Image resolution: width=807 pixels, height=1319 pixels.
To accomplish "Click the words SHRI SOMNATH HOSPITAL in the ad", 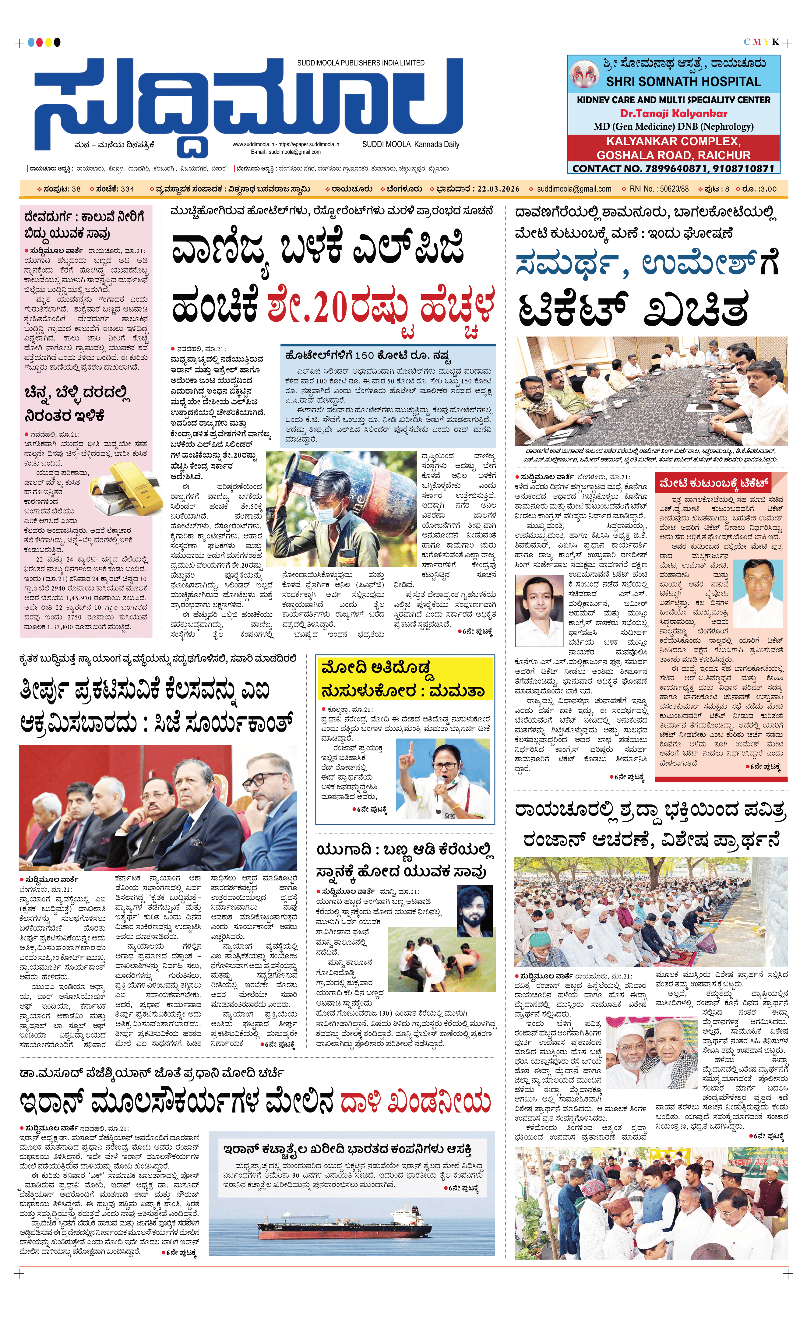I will point(683,82).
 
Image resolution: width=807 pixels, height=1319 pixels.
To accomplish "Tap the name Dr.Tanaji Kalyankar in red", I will point(673,114).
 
